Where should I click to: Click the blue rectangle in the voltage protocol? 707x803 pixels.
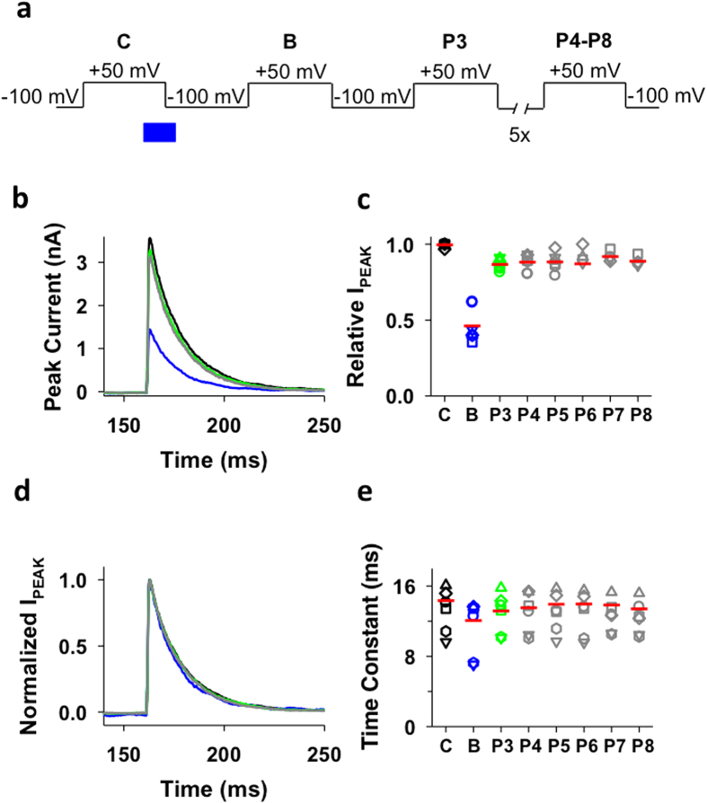pyautogui.click(x=159, y=132)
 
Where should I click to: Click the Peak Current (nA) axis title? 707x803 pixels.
pyautogui.click(x=57, y=313)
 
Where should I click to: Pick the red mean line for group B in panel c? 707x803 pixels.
pyautogui.click(x=473, y=326)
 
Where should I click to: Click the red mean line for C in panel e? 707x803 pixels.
pyautogui.click(x=446, y=601)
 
